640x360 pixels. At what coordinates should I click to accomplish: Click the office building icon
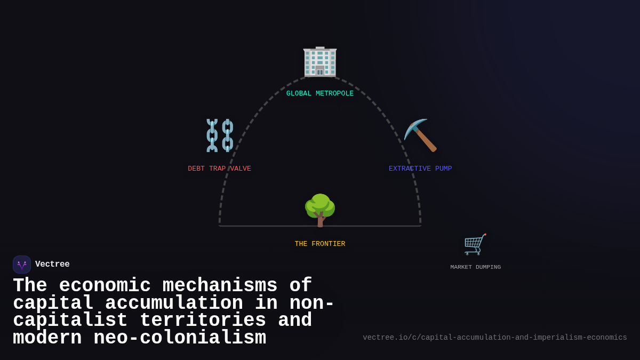click(x=320, y=62)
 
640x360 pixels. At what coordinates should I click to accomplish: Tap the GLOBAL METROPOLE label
click(x=320, y=94)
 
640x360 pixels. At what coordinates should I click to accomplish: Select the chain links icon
click(x=220, y=135)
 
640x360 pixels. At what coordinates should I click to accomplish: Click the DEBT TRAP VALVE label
click(x=219, y=169)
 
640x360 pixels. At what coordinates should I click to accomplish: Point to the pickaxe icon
click(x=420, y=135)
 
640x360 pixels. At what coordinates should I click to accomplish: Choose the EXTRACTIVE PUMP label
click(x=420, y=169)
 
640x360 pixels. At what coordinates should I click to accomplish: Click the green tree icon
click(x=320, y=208)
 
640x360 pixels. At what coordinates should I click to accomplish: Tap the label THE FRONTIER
click(x=320, y=244)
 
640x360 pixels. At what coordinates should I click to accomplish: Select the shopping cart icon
click(x=475, y=244)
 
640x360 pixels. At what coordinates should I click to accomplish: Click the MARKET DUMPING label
click(x=475, y=267)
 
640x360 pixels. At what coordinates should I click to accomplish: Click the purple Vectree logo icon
click(x=22, y=265)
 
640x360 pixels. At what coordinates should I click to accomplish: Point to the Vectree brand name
click(x=52, y=265)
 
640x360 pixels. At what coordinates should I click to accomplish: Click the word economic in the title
click(x=105, y=286)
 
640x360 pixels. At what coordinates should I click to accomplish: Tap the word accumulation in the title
click(x=174, y=303)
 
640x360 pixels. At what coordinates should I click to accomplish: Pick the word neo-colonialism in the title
click(x=180, y=338)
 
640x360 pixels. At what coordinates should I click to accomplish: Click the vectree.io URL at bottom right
click(x=494, y=338)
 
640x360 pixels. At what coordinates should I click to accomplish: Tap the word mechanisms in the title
click(x=220, y=286)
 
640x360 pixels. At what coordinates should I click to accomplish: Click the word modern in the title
click(x=47, y=338)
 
